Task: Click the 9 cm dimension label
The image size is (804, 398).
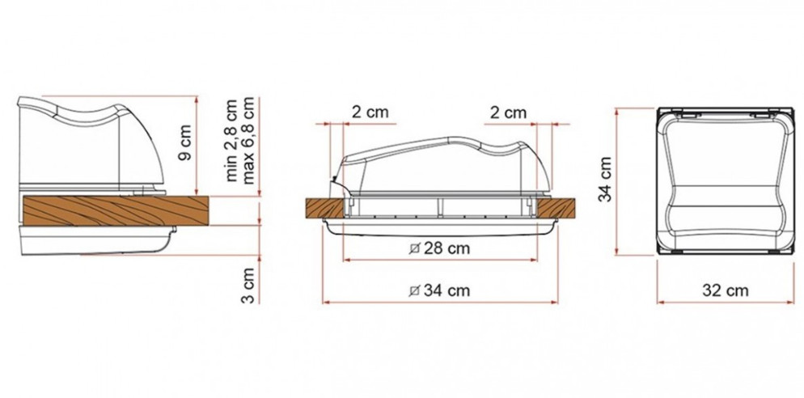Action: coord(185,142)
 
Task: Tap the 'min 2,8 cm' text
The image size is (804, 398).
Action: coord(232,140)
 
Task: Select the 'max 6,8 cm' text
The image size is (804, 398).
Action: coord(248,140)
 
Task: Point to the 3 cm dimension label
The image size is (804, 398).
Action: coord(248,285)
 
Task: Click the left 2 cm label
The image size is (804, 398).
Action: coord(370,112)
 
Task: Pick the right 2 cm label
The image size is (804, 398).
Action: coord(508,112)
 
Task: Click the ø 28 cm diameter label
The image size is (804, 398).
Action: coord(440,249)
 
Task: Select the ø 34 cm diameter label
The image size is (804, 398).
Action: coord(440,290)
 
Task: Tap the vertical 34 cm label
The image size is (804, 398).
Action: coord(606,179)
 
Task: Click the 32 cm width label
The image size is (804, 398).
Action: coord(725,290)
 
